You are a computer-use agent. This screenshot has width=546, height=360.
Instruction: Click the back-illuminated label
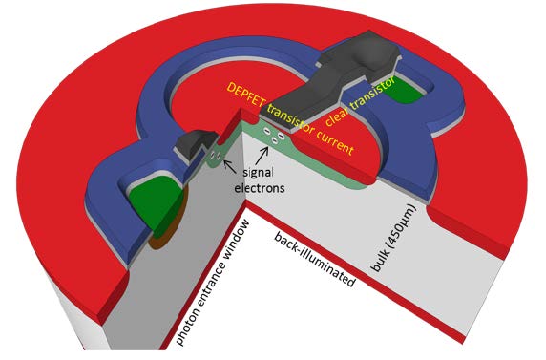314,259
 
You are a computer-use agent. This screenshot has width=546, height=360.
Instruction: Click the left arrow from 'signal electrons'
227,163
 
